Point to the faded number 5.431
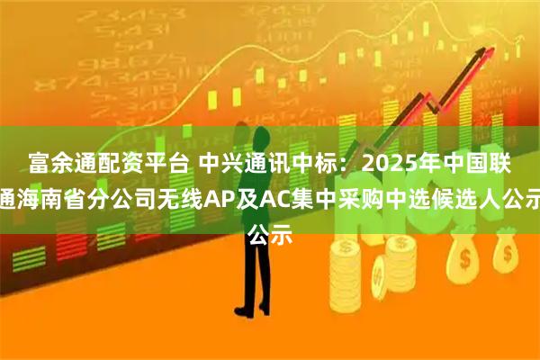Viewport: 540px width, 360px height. coord(130,31)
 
